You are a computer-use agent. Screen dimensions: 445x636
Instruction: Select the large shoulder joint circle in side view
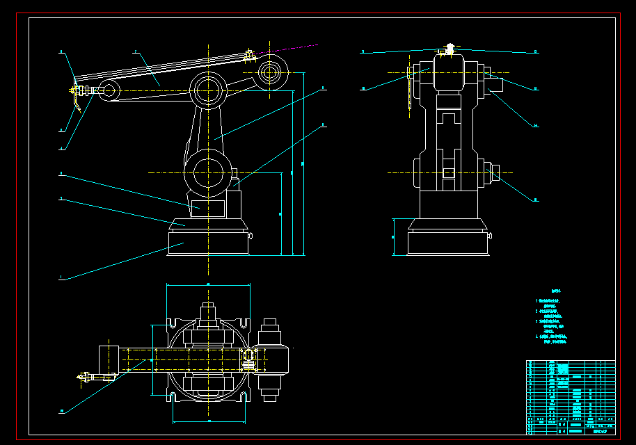207,172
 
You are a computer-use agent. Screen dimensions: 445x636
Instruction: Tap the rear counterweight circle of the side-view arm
270,72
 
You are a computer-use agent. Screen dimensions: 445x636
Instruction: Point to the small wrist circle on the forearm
109,89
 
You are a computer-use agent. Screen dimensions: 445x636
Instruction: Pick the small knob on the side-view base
251,236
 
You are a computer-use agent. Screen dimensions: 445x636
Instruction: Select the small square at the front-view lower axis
449,172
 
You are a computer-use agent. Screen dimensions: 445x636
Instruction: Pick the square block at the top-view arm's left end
109,358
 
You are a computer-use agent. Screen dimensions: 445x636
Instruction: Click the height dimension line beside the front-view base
394,236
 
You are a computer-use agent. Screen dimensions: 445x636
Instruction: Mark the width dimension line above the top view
208,285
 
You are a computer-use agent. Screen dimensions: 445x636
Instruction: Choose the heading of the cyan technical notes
555,292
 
